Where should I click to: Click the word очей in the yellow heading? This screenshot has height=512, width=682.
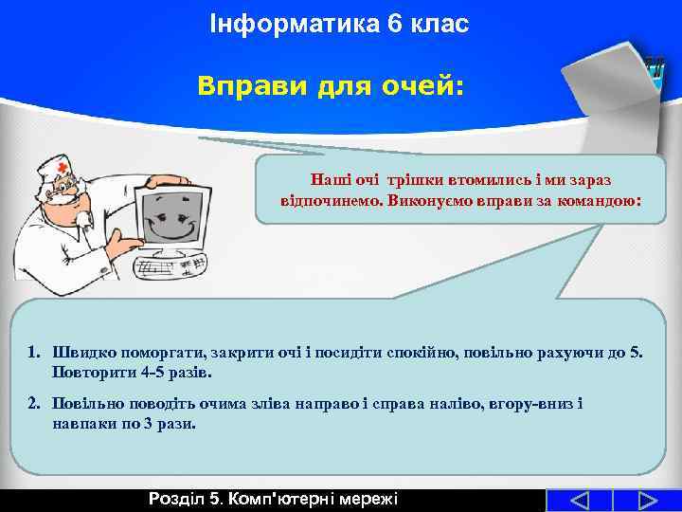424,87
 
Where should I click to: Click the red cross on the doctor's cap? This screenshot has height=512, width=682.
63,167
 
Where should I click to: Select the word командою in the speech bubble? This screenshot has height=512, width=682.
600,202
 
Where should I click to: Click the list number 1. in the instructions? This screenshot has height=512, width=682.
34,353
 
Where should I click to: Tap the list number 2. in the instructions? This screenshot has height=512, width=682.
34,404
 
